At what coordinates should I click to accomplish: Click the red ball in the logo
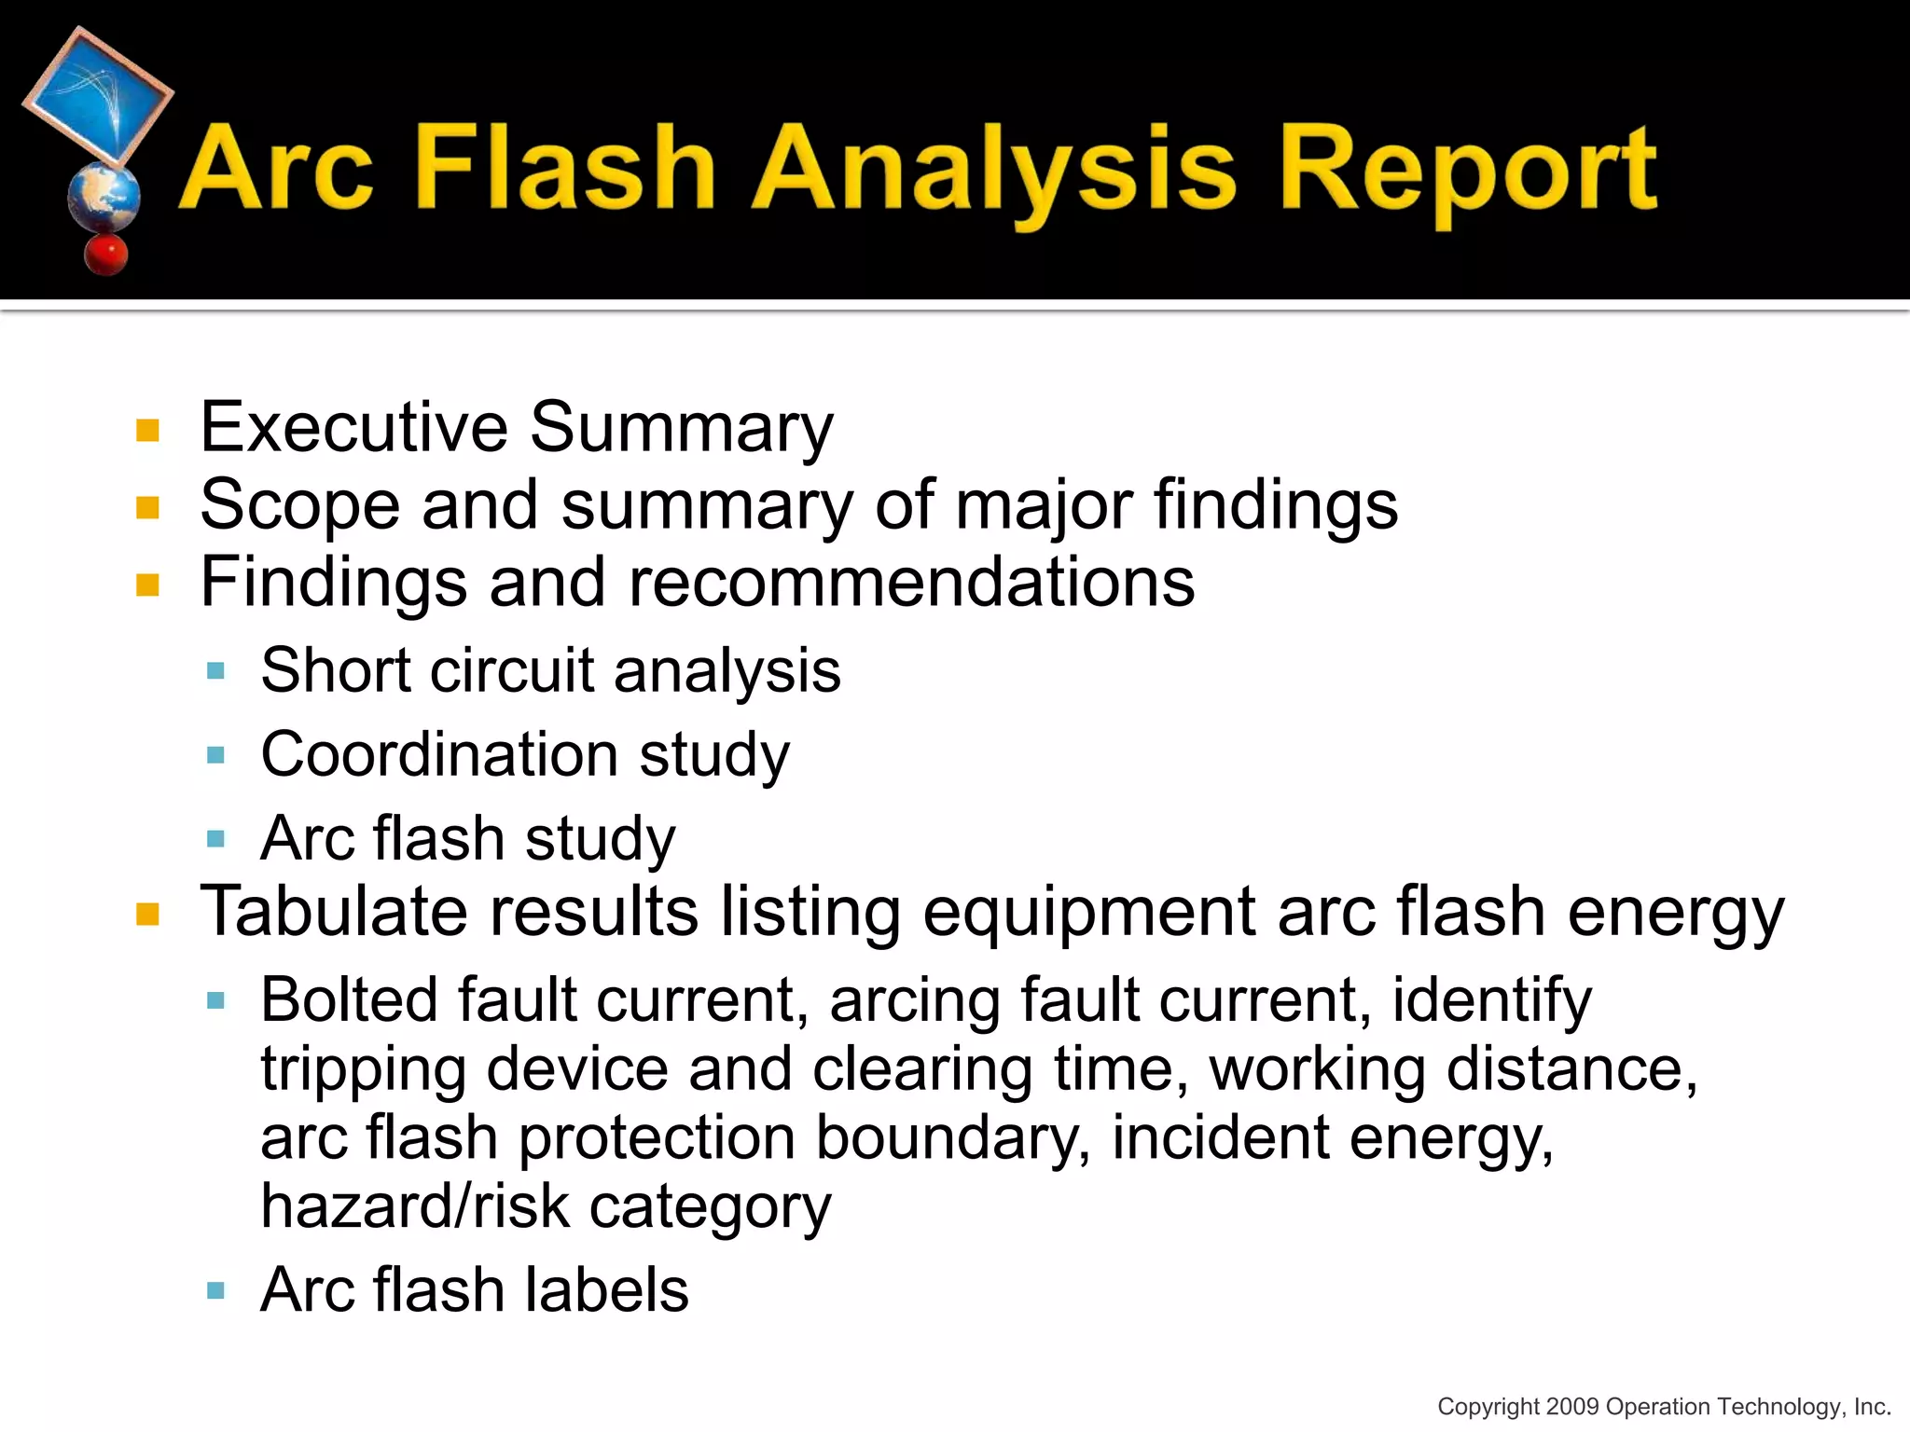click(x=105, y=254)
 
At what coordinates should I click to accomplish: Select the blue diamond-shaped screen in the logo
click(x=98, y=96)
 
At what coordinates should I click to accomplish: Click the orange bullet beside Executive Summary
click(x=147, y=430)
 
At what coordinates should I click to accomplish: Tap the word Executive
click(x=354, y=427)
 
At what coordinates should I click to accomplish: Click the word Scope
click(x=299, y=505)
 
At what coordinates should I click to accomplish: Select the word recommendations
click(x=911, y=583)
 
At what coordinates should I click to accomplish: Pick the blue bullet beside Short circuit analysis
click(x=216, y=670)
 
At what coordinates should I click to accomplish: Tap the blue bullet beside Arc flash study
click(x=216, y=838)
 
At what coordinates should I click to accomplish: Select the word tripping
click(x=363, y=1070)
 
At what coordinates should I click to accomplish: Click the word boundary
click(x=952, y=1139)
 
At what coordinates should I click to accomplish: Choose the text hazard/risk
click(x=415, y=1206)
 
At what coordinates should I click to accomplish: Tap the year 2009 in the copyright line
click(x=1572, y=1406)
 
